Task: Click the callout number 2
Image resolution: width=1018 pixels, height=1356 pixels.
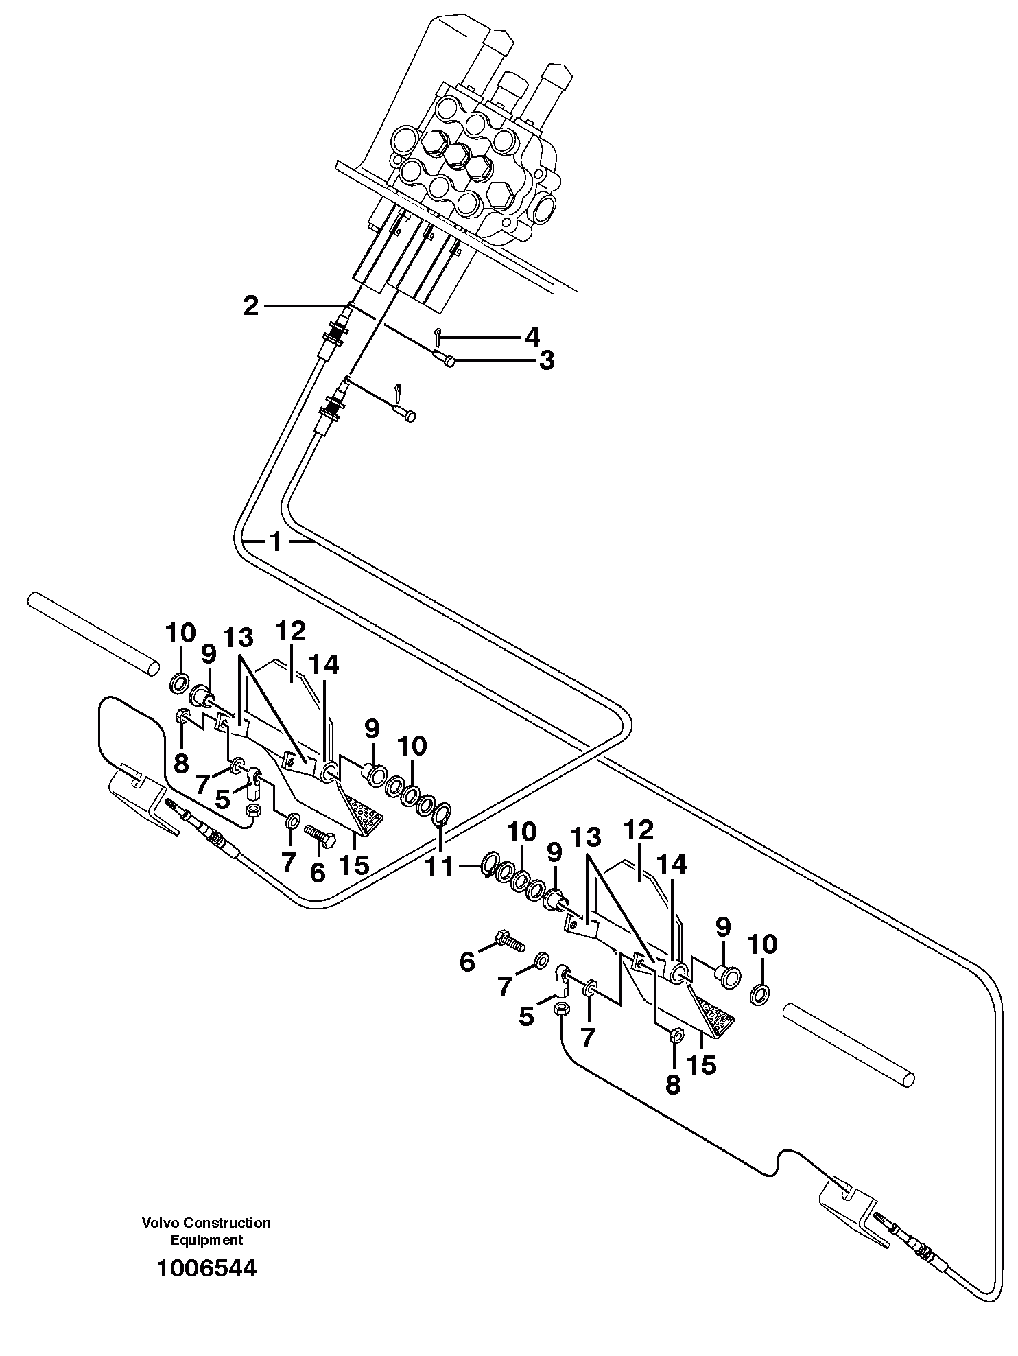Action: pos(252,306)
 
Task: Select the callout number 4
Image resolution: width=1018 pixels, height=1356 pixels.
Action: pos(532,337)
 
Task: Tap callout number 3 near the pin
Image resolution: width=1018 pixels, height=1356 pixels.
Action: pos(546,361)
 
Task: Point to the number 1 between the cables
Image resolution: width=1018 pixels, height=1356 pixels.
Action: pos(276,543)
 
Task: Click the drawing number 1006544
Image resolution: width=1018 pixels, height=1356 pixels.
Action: pos(206,1267)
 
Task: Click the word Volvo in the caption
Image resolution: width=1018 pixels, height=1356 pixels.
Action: pos(158,1223)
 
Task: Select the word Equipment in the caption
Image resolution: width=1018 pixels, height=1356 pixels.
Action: pos(206,1240)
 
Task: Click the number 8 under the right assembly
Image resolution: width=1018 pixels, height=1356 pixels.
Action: pos(673,1084)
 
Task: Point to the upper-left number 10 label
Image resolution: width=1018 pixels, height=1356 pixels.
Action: pos(180,633)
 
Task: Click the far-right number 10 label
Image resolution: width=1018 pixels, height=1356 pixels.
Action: pos(763,945)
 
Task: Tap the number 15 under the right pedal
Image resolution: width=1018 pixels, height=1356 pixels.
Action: pos(701,1064)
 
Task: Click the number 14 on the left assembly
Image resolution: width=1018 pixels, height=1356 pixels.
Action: pos(323,665)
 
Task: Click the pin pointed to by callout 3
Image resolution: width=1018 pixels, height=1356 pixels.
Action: pos(447,360)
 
